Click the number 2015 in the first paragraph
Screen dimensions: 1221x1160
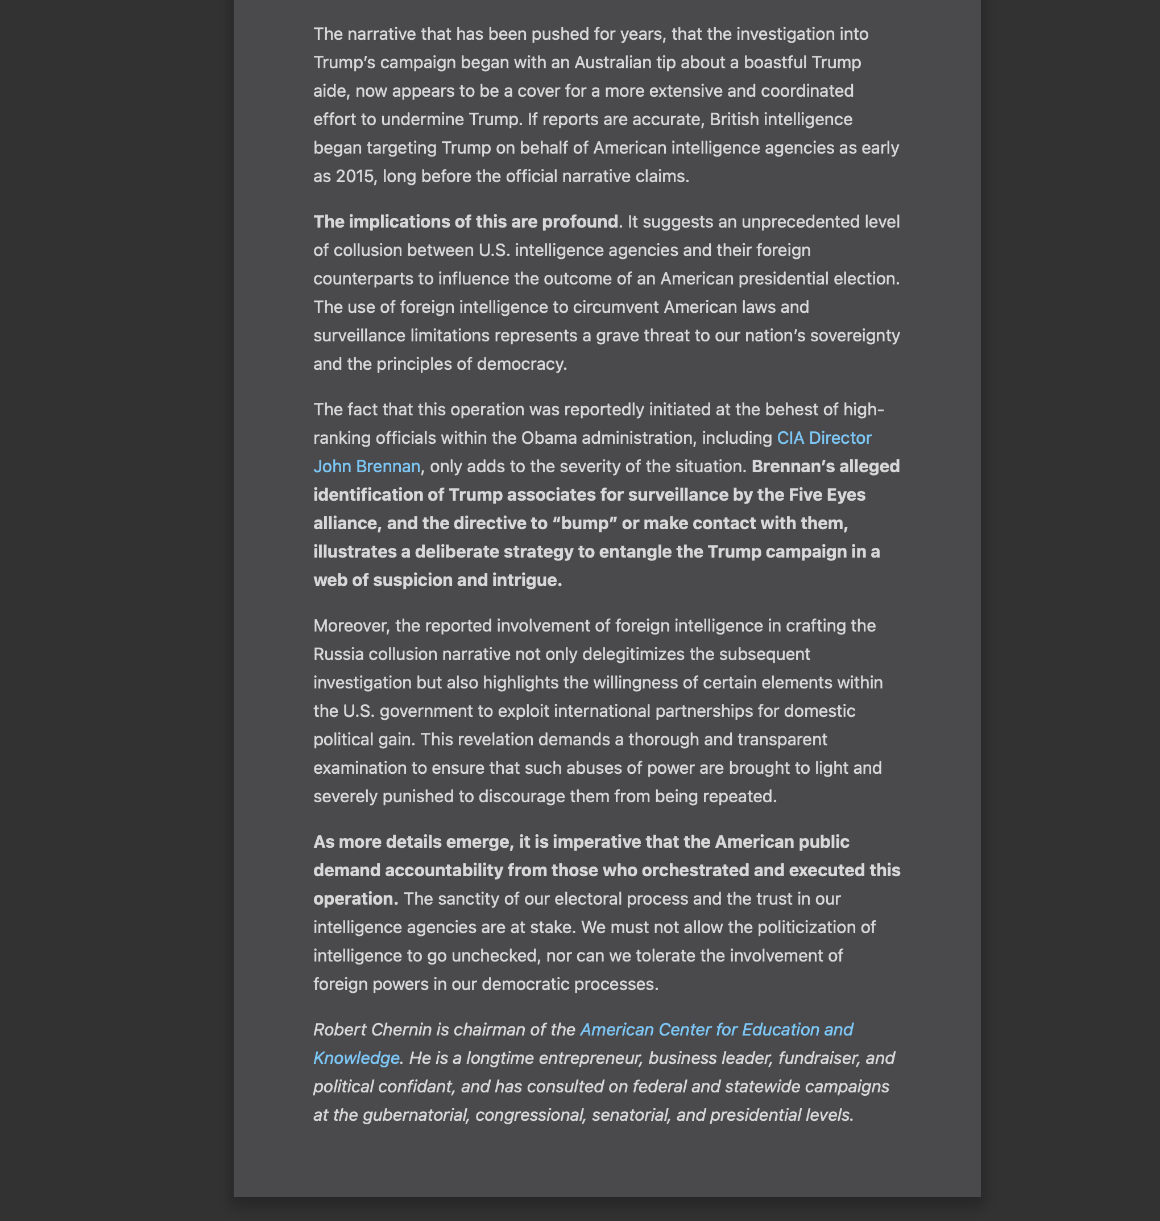click(x=355, y=176)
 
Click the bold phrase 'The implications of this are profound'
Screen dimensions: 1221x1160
click(x=466, y=221)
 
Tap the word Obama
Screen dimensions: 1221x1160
click(x=549, y=438)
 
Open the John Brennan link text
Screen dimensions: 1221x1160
click(x=367, y=467)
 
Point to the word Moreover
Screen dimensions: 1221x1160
click(x=351, y=626)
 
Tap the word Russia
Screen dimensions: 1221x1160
click(x=338, y=654)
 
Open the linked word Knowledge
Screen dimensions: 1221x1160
click(x=356, y=1058)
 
